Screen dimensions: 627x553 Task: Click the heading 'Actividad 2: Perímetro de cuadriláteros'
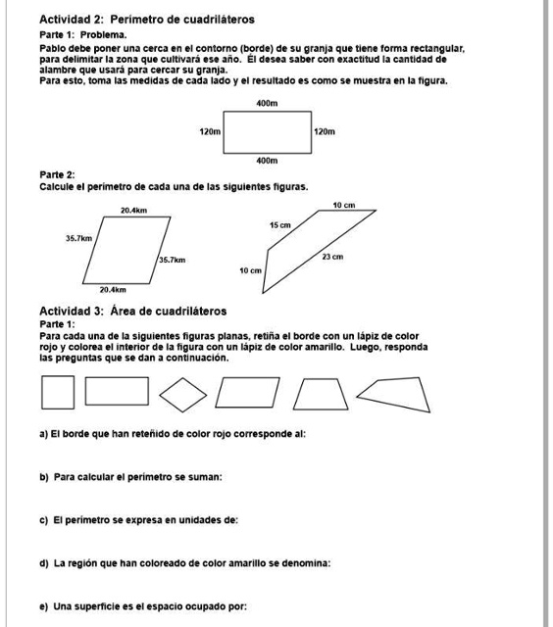click(x=147, y=19)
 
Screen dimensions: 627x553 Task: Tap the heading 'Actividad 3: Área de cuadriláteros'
click(x=132, y=311)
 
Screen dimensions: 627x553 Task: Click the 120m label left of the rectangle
click(x=209, y=130)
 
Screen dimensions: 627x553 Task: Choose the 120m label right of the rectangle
click(x=326, y=130)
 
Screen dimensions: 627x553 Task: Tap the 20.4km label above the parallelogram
click(x=133, y=210)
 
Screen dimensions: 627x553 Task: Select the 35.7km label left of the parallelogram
click(x=78, y=237)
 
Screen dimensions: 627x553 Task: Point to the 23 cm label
click(x=332, y=257)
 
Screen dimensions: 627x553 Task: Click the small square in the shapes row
click(x=58, y=394)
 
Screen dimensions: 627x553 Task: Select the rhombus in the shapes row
click(x=182, y=394)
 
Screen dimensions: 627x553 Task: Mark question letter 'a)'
click(x=44, y=432)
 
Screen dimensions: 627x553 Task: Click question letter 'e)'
click(x=44, y=606)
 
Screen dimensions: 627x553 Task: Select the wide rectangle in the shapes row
click(x=117, y=391)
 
